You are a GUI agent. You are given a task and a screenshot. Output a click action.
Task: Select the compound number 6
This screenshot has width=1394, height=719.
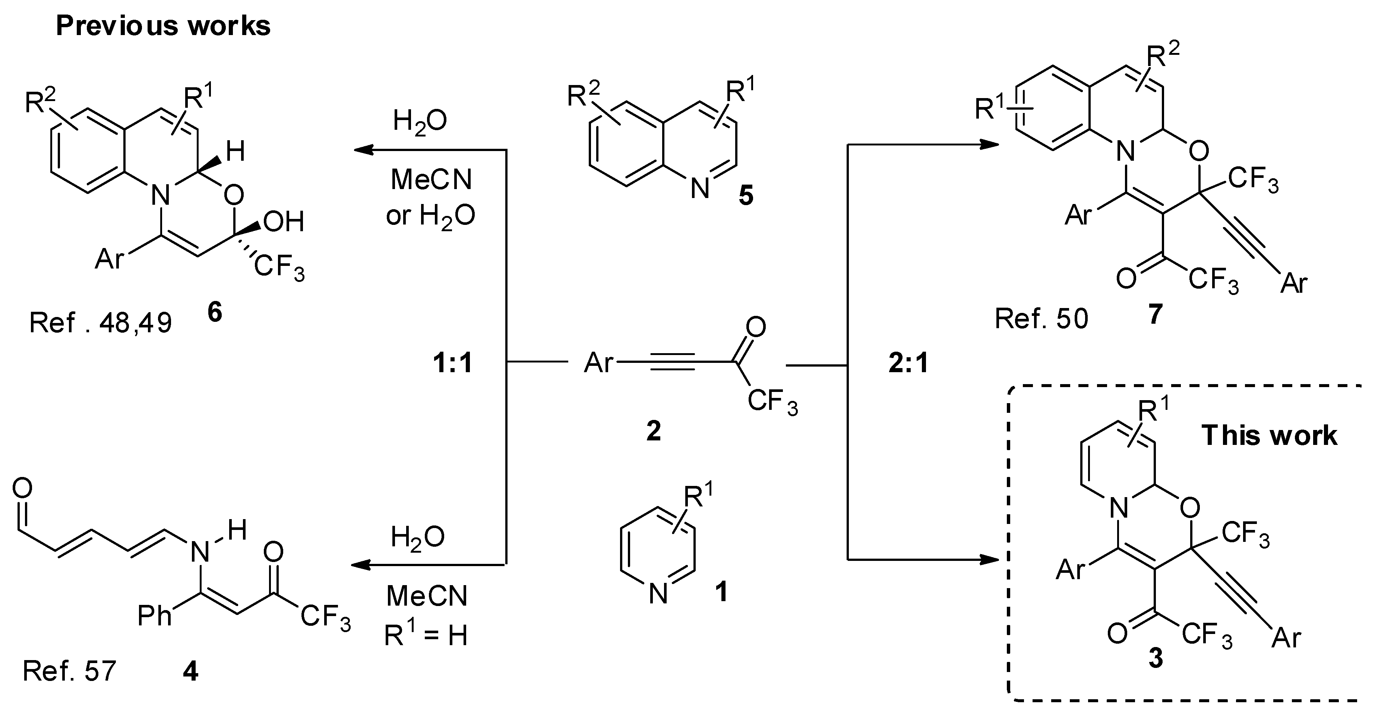(x=215, y=313)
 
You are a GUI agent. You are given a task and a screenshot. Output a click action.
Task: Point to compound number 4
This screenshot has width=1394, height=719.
(x=190, y=671)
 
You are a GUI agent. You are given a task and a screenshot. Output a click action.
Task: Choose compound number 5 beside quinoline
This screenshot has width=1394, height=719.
(x=746, y=196)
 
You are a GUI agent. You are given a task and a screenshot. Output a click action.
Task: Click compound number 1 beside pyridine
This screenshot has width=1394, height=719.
(x=721, y=592)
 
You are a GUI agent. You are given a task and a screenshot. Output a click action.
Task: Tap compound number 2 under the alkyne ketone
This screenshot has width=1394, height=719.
(x=653, y=431)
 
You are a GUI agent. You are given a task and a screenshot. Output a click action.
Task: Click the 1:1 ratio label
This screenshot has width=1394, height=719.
(x=452, y=363)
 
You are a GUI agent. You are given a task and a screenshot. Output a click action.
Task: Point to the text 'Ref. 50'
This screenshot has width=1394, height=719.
(x=1041, y=319)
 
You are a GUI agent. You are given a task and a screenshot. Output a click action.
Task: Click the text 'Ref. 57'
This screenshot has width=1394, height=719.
(x=69, y=671)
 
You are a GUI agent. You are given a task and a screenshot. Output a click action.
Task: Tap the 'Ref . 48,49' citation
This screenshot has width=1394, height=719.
(x=101, y=323)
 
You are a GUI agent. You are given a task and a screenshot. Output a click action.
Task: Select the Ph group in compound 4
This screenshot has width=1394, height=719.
(x=154, y=616)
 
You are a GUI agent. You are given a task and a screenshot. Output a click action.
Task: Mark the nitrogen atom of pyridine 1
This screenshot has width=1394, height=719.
(x=658, y=594)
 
